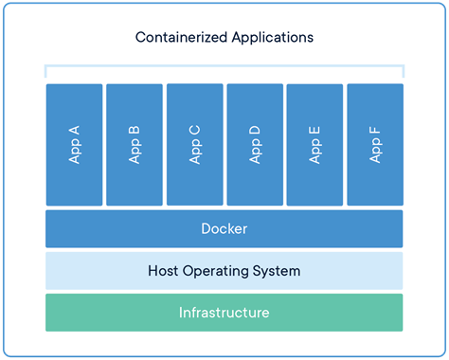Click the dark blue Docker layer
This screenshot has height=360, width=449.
tap(114, 229)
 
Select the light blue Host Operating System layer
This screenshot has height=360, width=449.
tap(95, 271)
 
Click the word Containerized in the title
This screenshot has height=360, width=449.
tap(177, 38)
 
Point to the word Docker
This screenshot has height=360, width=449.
tap(224, 229)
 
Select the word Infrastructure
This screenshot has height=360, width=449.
tap(224, 313)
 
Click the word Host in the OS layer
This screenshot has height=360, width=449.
tap(163, 271)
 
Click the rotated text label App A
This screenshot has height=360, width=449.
tap(74, 145)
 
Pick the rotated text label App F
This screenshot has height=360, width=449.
tap(375, 145)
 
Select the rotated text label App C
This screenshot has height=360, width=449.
tap(194, 145)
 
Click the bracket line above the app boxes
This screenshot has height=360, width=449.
tap(224, 67)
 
